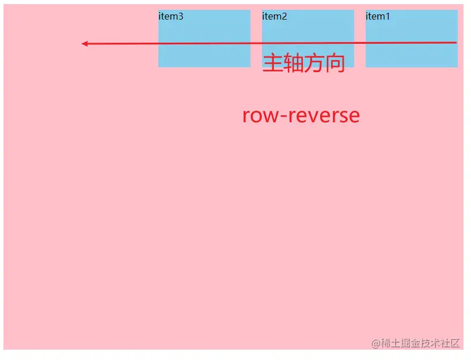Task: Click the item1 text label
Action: pyautogui.click(x=378, y=16)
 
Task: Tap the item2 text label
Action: pyautogui.click(x=274, y=16)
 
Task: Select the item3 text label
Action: pyautogui.click(x=170, y=16)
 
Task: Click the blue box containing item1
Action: pyautogui.click(x=411, y=55)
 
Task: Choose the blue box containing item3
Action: pyautogui.click(x=204, y=55)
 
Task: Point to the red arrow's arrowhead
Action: pyautogui.click(x=85, y=44)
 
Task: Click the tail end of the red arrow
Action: pyautogui.click(x=455, y=43)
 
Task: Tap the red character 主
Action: pyautogui.click(x=272, y=63)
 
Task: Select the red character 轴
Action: pyautogui.click(x=293, y=63)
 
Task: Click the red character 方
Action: pyautogui.click(x=314, y=63)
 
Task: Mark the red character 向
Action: pyautogui.click(x=335, y=63)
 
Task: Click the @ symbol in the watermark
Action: pyautogui.click(x=376, y=343)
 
